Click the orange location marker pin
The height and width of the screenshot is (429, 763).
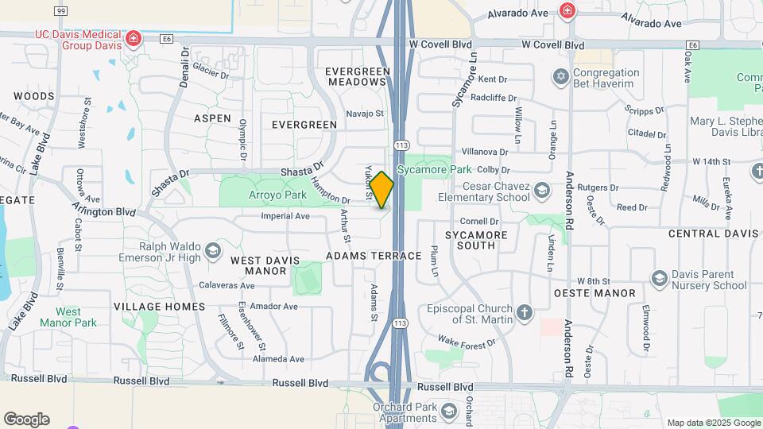click(381, 190)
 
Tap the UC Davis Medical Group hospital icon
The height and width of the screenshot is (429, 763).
click(134, 37)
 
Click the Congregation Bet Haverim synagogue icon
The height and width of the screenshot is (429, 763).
click(561, 77)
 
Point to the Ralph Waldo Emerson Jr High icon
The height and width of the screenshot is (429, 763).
click(212, 252)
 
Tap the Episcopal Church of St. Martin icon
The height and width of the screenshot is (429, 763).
click(524, 313)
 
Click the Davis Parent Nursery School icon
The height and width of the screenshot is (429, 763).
click(658, 278)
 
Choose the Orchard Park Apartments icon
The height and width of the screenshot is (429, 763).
click(449, 412)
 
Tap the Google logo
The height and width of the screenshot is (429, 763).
click(26, 419)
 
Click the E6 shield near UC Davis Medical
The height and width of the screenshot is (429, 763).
click(166, 37)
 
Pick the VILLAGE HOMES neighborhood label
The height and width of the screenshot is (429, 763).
click(159, 306)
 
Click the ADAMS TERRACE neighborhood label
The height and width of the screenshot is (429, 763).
click(374, 256)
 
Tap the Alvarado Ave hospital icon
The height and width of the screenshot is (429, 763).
click(567, 10)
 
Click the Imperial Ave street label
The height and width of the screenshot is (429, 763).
click(285, 216)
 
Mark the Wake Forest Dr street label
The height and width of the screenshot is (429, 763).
click(467, 342)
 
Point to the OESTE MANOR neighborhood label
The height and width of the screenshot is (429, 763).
click(595, 293)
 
